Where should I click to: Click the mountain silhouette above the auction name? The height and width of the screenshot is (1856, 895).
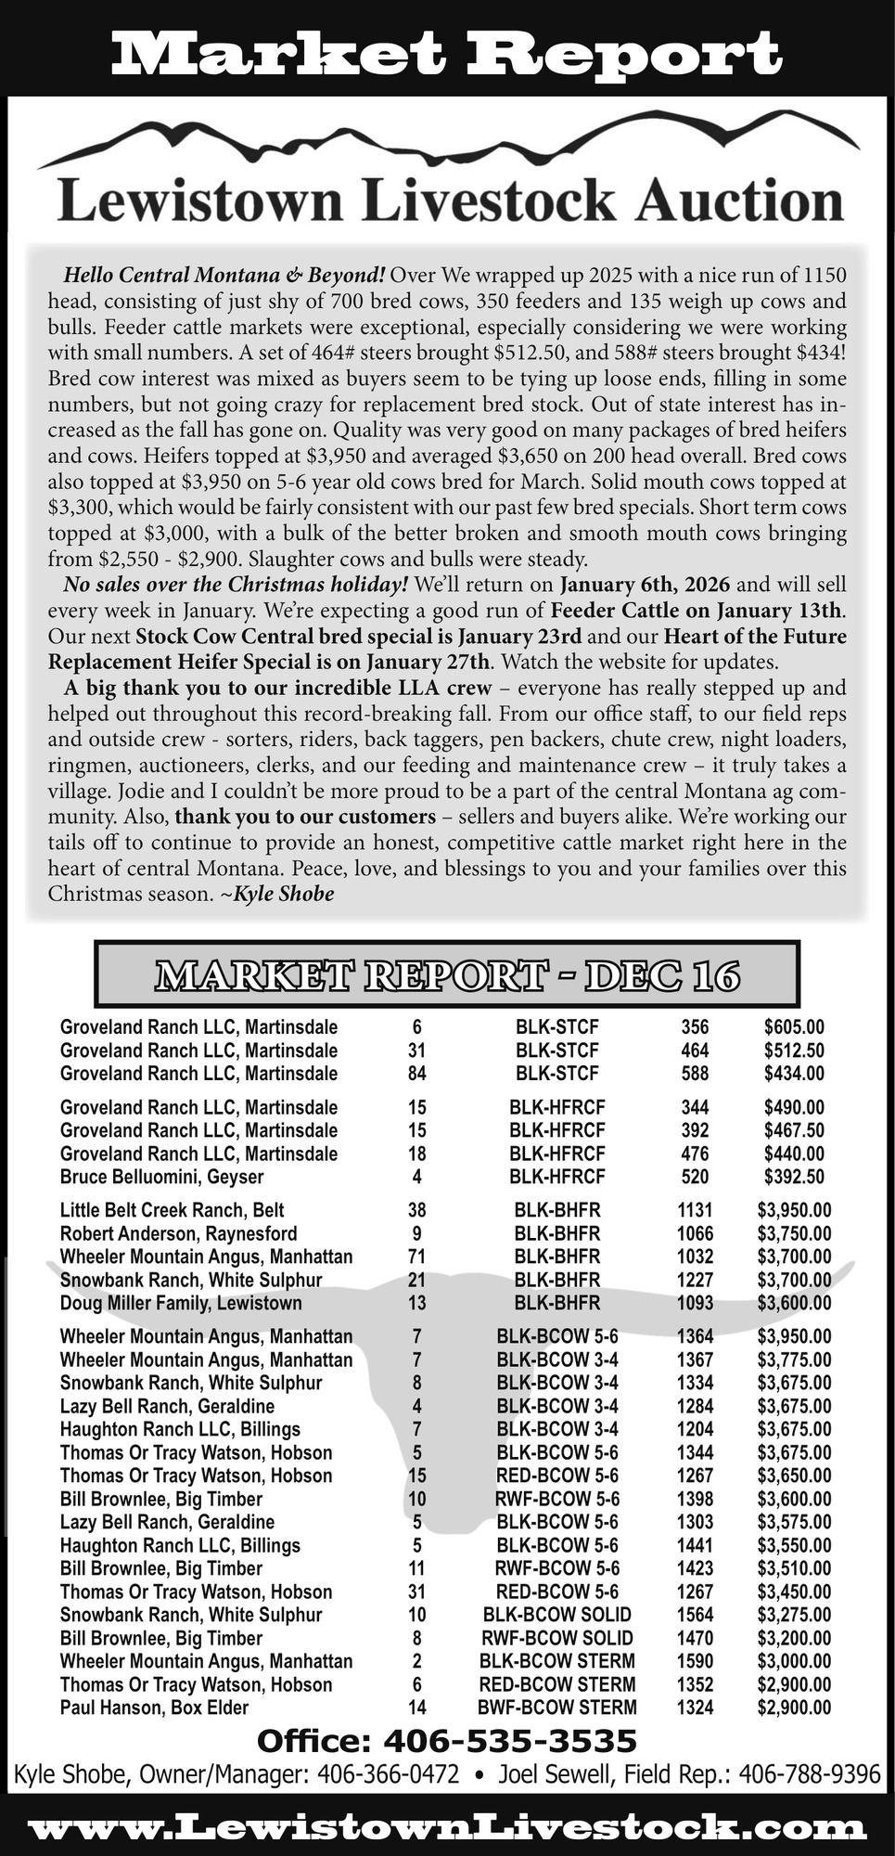(x=446, y=146)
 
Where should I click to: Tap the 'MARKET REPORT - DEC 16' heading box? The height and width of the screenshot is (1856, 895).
(x=446, y=974)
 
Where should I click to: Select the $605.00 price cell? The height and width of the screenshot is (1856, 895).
(x=793, y=1027)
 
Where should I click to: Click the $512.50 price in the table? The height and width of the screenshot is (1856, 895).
(x=793, y=1050)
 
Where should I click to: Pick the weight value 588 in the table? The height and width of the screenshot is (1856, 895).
(x=694, y=1074)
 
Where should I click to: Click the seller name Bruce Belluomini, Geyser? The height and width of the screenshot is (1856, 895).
(x=161, y=1177)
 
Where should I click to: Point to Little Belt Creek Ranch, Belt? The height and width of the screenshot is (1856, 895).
(x=172, y=1210)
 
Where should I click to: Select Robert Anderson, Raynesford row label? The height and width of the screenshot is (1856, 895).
(x=178, y=1233)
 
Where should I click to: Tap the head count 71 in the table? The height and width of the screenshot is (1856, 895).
(x=416, y=1257)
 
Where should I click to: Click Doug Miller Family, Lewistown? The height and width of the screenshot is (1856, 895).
(x=181, y=1303)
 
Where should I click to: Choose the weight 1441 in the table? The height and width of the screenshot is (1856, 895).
(x=695, y=1545)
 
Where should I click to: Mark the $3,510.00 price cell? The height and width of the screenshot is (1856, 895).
(x=793, y=1568)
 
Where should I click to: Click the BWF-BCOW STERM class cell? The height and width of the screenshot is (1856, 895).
(x=556, y=1708)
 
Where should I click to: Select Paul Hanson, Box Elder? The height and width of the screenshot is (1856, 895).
(x=154, y=1708)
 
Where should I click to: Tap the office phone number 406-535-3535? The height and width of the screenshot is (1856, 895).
(x=509, y=1741)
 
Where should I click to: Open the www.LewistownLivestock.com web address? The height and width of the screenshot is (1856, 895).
(x=446, y=1827)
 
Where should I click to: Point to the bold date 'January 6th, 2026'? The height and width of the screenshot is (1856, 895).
(x=645, y=585)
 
